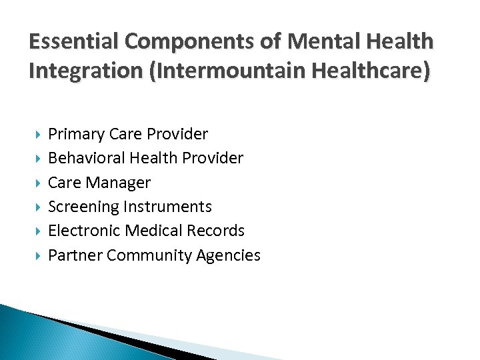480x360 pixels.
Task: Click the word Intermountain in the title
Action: (221, 69)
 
